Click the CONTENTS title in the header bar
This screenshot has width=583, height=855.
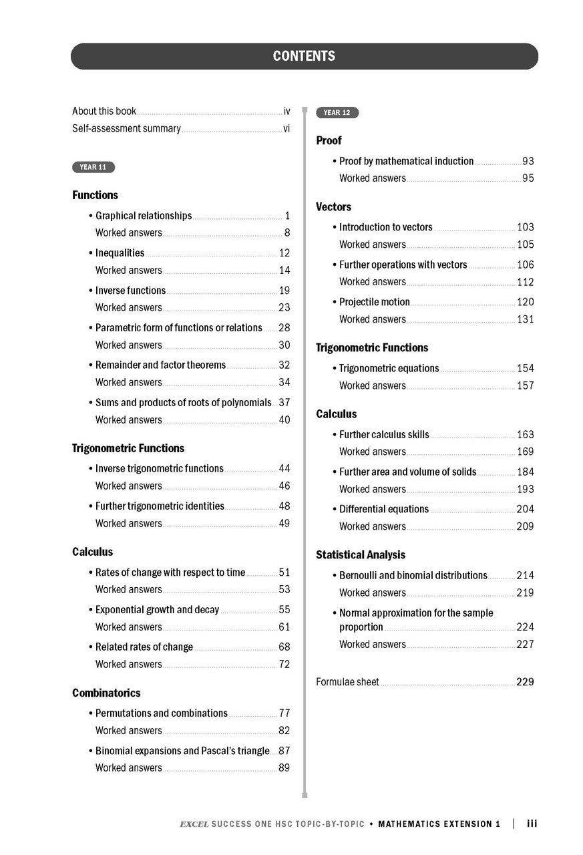coord(304,57)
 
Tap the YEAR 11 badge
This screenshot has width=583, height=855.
coord(93,167)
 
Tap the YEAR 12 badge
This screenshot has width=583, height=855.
coord(337,113)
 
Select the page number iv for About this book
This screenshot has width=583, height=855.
coord(286,112)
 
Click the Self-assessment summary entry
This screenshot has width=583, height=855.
coord(126,128)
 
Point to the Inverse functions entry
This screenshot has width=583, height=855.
coord(130,291)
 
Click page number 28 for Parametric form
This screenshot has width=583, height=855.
coord(284,328)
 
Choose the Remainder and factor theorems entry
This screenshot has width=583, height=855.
coord(160,365)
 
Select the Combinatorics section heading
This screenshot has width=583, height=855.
coord(106,693)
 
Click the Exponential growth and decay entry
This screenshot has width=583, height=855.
coord(157,610)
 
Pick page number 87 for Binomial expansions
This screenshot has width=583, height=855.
coord(284,751)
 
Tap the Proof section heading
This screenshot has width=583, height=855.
coord(329,141)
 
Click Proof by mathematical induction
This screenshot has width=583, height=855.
coord(406,162)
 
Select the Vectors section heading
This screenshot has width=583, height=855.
coord(333,207)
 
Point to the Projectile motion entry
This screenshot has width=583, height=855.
coord(374,303)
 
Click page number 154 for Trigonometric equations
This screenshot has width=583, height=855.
coord(525,369)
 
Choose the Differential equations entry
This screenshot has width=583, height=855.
coord(383,510)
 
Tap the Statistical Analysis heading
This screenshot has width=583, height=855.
coord(361,555)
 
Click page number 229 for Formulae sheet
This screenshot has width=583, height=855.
coord(525,683)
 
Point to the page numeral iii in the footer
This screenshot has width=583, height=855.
coord(532,824)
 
